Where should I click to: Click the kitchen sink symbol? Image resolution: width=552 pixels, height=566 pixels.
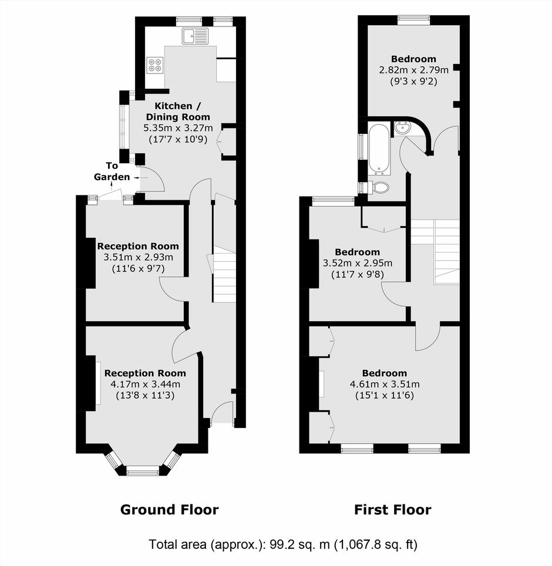tap(196, 36)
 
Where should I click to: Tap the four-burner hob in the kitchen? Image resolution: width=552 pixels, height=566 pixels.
tap(155, 65)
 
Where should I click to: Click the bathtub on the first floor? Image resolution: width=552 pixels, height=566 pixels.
tap(379, 150)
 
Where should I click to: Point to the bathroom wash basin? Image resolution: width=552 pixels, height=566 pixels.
tap(402, 127)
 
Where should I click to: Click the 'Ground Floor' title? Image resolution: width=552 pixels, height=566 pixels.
tap(169, 510)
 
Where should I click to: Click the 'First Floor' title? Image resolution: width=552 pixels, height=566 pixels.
tap(392, 510)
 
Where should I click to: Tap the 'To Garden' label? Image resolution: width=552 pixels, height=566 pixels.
tap(112, 171)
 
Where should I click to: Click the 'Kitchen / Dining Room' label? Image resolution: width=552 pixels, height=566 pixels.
tap(177, 111)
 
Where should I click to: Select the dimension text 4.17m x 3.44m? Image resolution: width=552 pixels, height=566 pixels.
tap(145, 384)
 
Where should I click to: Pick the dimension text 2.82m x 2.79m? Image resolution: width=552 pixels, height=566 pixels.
tap(414, 70)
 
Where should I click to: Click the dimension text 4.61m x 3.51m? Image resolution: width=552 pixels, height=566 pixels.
tap(385, 384)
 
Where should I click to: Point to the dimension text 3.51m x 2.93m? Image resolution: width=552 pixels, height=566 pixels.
tap(138, 257)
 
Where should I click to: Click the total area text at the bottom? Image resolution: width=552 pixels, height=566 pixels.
tap(283, 544)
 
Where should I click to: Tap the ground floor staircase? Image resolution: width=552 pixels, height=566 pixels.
tap(224, 274)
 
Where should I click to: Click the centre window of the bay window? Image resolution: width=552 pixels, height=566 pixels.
tap(143, 470)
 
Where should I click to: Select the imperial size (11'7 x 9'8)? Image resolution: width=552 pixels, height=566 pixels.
tap(358, 275)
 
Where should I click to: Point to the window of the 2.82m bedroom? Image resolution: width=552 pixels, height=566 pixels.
tap(414, 20)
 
